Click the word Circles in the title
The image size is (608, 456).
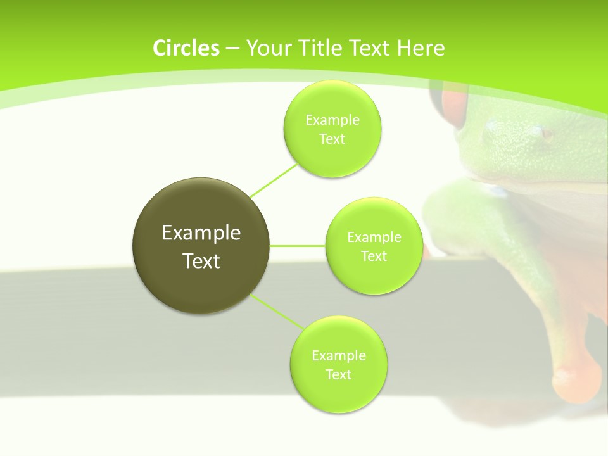(186, 48)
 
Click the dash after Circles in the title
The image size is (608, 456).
(232, 49)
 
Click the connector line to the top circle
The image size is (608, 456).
(274, 180)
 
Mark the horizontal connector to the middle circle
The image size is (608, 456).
(298, 246)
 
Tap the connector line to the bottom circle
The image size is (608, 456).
(277, 311)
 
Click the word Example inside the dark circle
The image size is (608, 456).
(201, 233)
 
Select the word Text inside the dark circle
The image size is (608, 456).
(201, 261)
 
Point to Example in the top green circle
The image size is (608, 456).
(332, 120)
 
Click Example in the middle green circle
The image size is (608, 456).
(374, 237)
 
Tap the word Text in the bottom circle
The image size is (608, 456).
(338, 375)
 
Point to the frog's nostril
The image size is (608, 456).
(545, 133)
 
